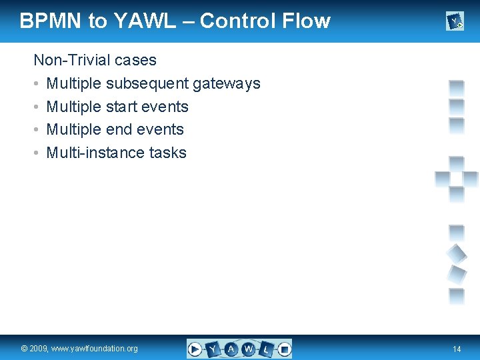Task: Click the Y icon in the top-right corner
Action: coord(455,22)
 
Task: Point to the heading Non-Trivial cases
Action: coord(95,60)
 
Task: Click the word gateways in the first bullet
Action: coord(226,83)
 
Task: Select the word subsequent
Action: coord(147,83)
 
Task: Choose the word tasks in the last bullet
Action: coord(168,153)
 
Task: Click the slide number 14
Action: coord(457,349)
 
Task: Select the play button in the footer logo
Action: coord(195,349)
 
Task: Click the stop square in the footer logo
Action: coord(284,349)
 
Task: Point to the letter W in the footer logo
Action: coord(249,349)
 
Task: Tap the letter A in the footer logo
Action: coord(231,349)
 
